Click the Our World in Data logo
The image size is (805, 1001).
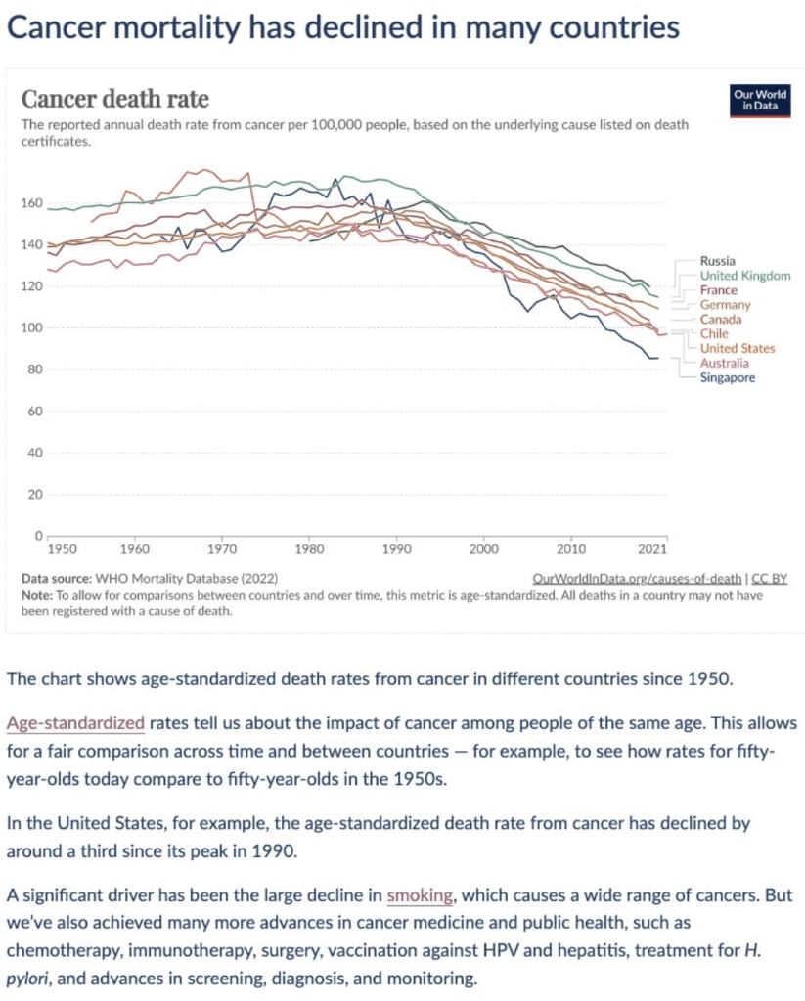[759, 101]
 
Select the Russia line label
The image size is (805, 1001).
[719, 261]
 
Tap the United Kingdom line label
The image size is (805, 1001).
[745, 276]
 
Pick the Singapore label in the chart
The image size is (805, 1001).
[727, 377]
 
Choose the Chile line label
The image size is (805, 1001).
[714, 333]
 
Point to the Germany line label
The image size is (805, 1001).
[726, 305]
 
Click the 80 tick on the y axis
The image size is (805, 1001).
[34, 370]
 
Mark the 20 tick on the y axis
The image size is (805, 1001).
[34, 495]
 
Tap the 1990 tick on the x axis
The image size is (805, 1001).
[396, 549]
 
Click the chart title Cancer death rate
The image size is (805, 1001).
[115, 100]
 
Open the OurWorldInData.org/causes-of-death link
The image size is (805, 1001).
[638, 579]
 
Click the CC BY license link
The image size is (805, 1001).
[769, 579]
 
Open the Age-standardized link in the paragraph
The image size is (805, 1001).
[75, 724]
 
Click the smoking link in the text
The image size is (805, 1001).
[420, 894]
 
